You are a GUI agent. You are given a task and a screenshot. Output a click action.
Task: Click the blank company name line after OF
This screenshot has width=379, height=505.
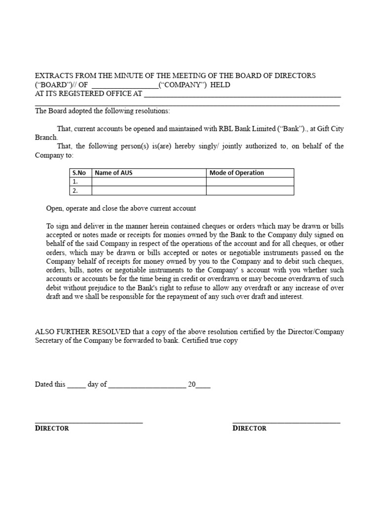[x=125, y=85]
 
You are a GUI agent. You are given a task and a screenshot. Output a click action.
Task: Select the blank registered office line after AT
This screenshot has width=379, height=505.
[x=242, y=95]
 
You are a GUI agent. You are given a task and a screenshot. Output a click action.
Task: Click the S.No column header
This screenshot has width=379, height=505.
[x=79, y=173]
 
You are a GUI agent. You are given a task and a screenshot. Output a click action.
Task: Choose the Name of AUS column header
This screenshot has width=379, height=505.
[x=114, y=173]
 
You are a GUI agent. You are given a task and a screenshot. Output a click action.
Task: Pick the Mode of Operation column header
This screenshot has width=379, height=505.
[x=236, y=173]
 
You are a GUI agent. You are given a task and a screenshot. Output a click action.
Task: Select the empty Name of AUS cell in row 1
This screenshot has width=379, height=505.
[x=149, y=181]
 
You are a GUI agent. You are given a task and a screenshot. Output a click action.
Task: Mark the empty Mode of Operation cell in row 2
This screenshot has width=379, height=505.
[x=250, y=190]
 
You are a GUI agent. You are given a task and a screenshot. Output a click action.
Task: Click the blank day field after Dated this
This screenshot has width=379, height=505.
[x=76, y=385]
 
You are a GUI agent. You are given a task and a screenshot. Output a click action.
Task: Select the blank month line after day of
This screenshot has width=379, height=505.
[x=147, y=385]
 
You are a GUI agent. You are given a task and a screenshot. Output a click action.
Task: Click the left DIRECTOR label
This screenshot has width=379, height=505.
[x=52, y=429]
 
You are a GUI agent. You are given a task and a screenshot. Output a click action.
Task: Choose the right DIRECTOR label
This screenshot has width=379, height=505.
[x=249, y=429]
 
